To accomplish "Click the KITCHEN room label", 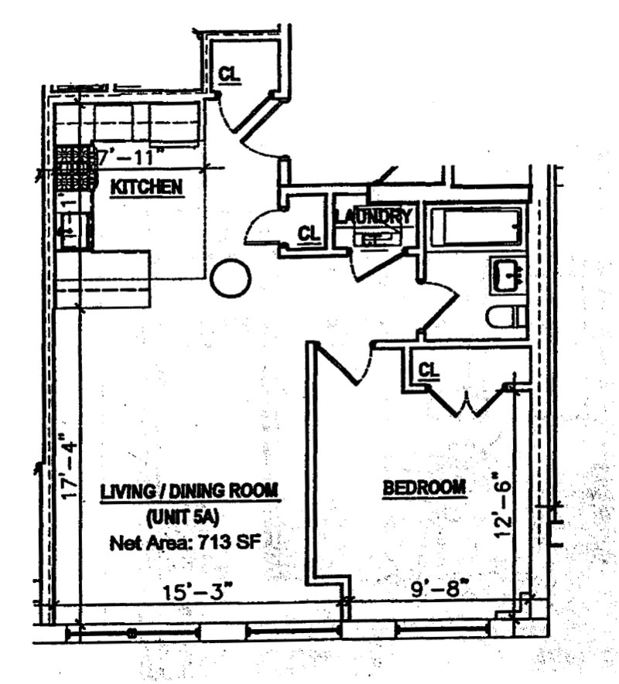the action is coord(146,186).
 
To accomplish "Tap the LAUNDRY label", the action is coord(374,216).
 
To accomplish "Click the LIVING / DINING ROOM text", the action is coord(190,492).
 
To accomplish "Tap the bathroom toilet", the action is coord(508,317).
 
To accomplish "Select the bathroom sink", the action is coord(508,275).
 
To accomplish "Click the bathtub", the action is coord(476,226).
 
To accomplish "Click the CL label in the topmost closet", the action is coord(228,74).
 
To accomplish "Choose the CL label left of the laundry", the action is coord(309,233).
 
